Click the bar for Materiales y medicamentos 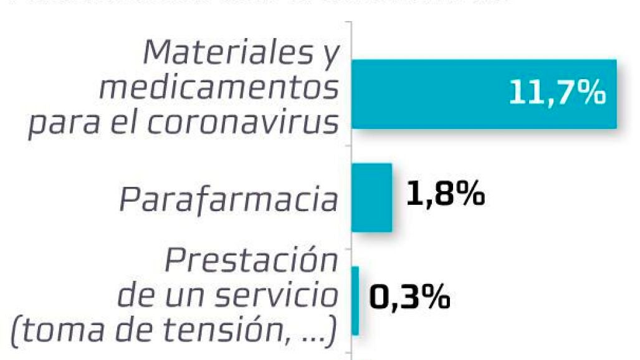tap(436, 94)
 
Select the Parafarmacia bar tap(371, 197)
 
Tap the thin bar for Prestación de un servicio tap(355, 300)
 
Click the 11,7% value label tap(556, 93)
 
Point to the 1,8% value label tap(446, 194)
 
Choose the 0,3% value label tap(409, 298)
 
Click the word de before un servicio tap(137, 296)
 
